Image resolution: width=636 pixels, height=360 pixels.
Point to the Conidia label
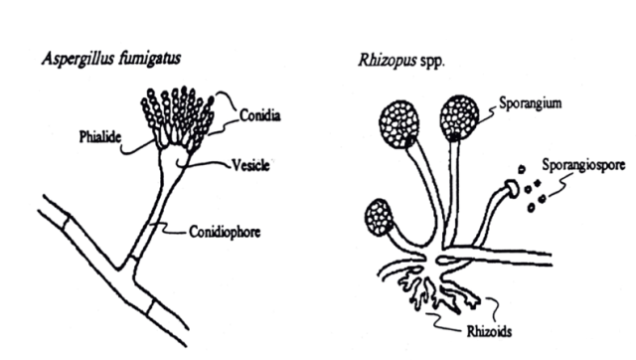[259, 116]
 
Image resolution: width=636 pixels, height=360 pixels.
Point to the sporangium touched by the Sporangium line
[459, 116]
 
